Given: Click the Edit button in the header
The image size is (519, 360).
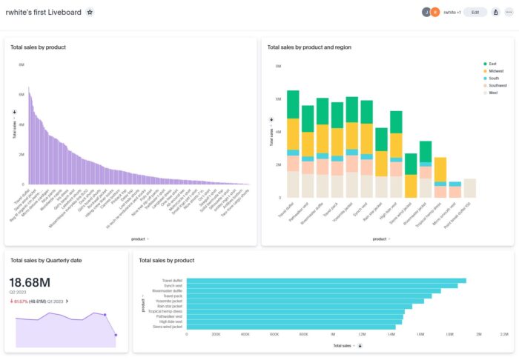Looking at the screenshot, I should click(475, 13).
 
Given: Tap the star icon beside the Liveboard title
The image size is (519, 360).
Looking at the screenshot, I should click(90, 13).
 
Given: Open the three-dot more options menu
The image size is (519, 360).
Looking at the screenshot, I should click(509, 13).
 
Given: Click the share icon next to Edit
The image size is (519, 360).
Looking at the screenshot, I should click(495, 13).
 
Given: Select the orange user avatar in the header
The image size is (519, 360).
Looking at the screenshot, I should click(434, 13).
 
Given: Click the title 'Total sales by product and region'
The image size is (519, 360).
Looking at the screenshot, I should click(309, 47).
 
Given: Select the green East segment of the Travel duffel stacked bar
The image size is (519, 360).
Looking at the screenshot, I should click(293, 104).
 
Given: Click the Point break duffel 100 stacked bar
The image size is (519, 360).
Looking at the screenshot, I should click(469, 189).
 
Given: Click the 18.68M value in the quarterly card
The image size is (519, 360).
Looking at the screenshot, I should click(30, 282).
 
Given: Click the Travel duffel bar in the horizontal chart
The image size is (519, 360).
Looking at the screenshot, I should click(326, 281).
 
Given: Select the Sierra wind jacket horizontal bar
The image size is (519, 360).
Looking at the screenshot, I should click(293, 326).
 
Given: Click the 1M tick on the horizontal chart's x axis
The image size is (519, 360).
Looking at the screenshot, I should click(332, 335).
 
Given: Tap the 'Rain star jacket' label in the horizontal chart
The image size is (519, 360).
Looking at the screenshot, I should click(167, 306).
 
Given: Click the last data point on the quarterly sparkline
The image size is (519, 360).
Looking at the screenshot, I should click(116, 336).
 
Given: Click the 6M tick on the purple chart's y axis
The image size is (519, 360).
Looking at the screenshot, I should click(22, 65).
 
